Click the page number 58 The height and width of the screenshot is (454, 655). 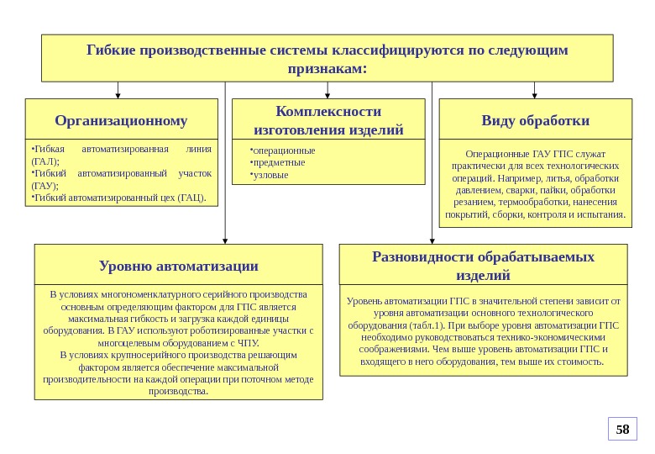tap(622, 430)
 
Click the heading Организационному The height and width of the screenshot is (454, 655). tap(121, 120)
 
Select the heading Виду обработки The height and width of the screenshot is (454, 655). tap(535, 120)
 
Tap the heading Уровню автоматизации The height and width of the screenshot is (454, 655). tap(178, 266)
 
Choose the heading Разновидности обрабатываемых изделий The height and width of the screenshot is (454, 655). tap(483, 265)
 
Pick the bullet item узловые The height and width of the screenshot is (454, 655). tap(271, 175)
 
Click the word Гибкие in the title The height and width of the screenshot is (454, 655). tap(113, 50)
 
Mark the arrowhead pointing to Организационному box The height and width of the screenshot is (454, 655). tap(118, 93)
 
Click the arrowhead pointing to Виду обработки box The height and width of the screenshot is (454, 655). tap(535, 93)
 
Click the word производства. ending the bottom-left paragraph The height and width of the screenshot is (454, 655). tap(178, 391)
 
